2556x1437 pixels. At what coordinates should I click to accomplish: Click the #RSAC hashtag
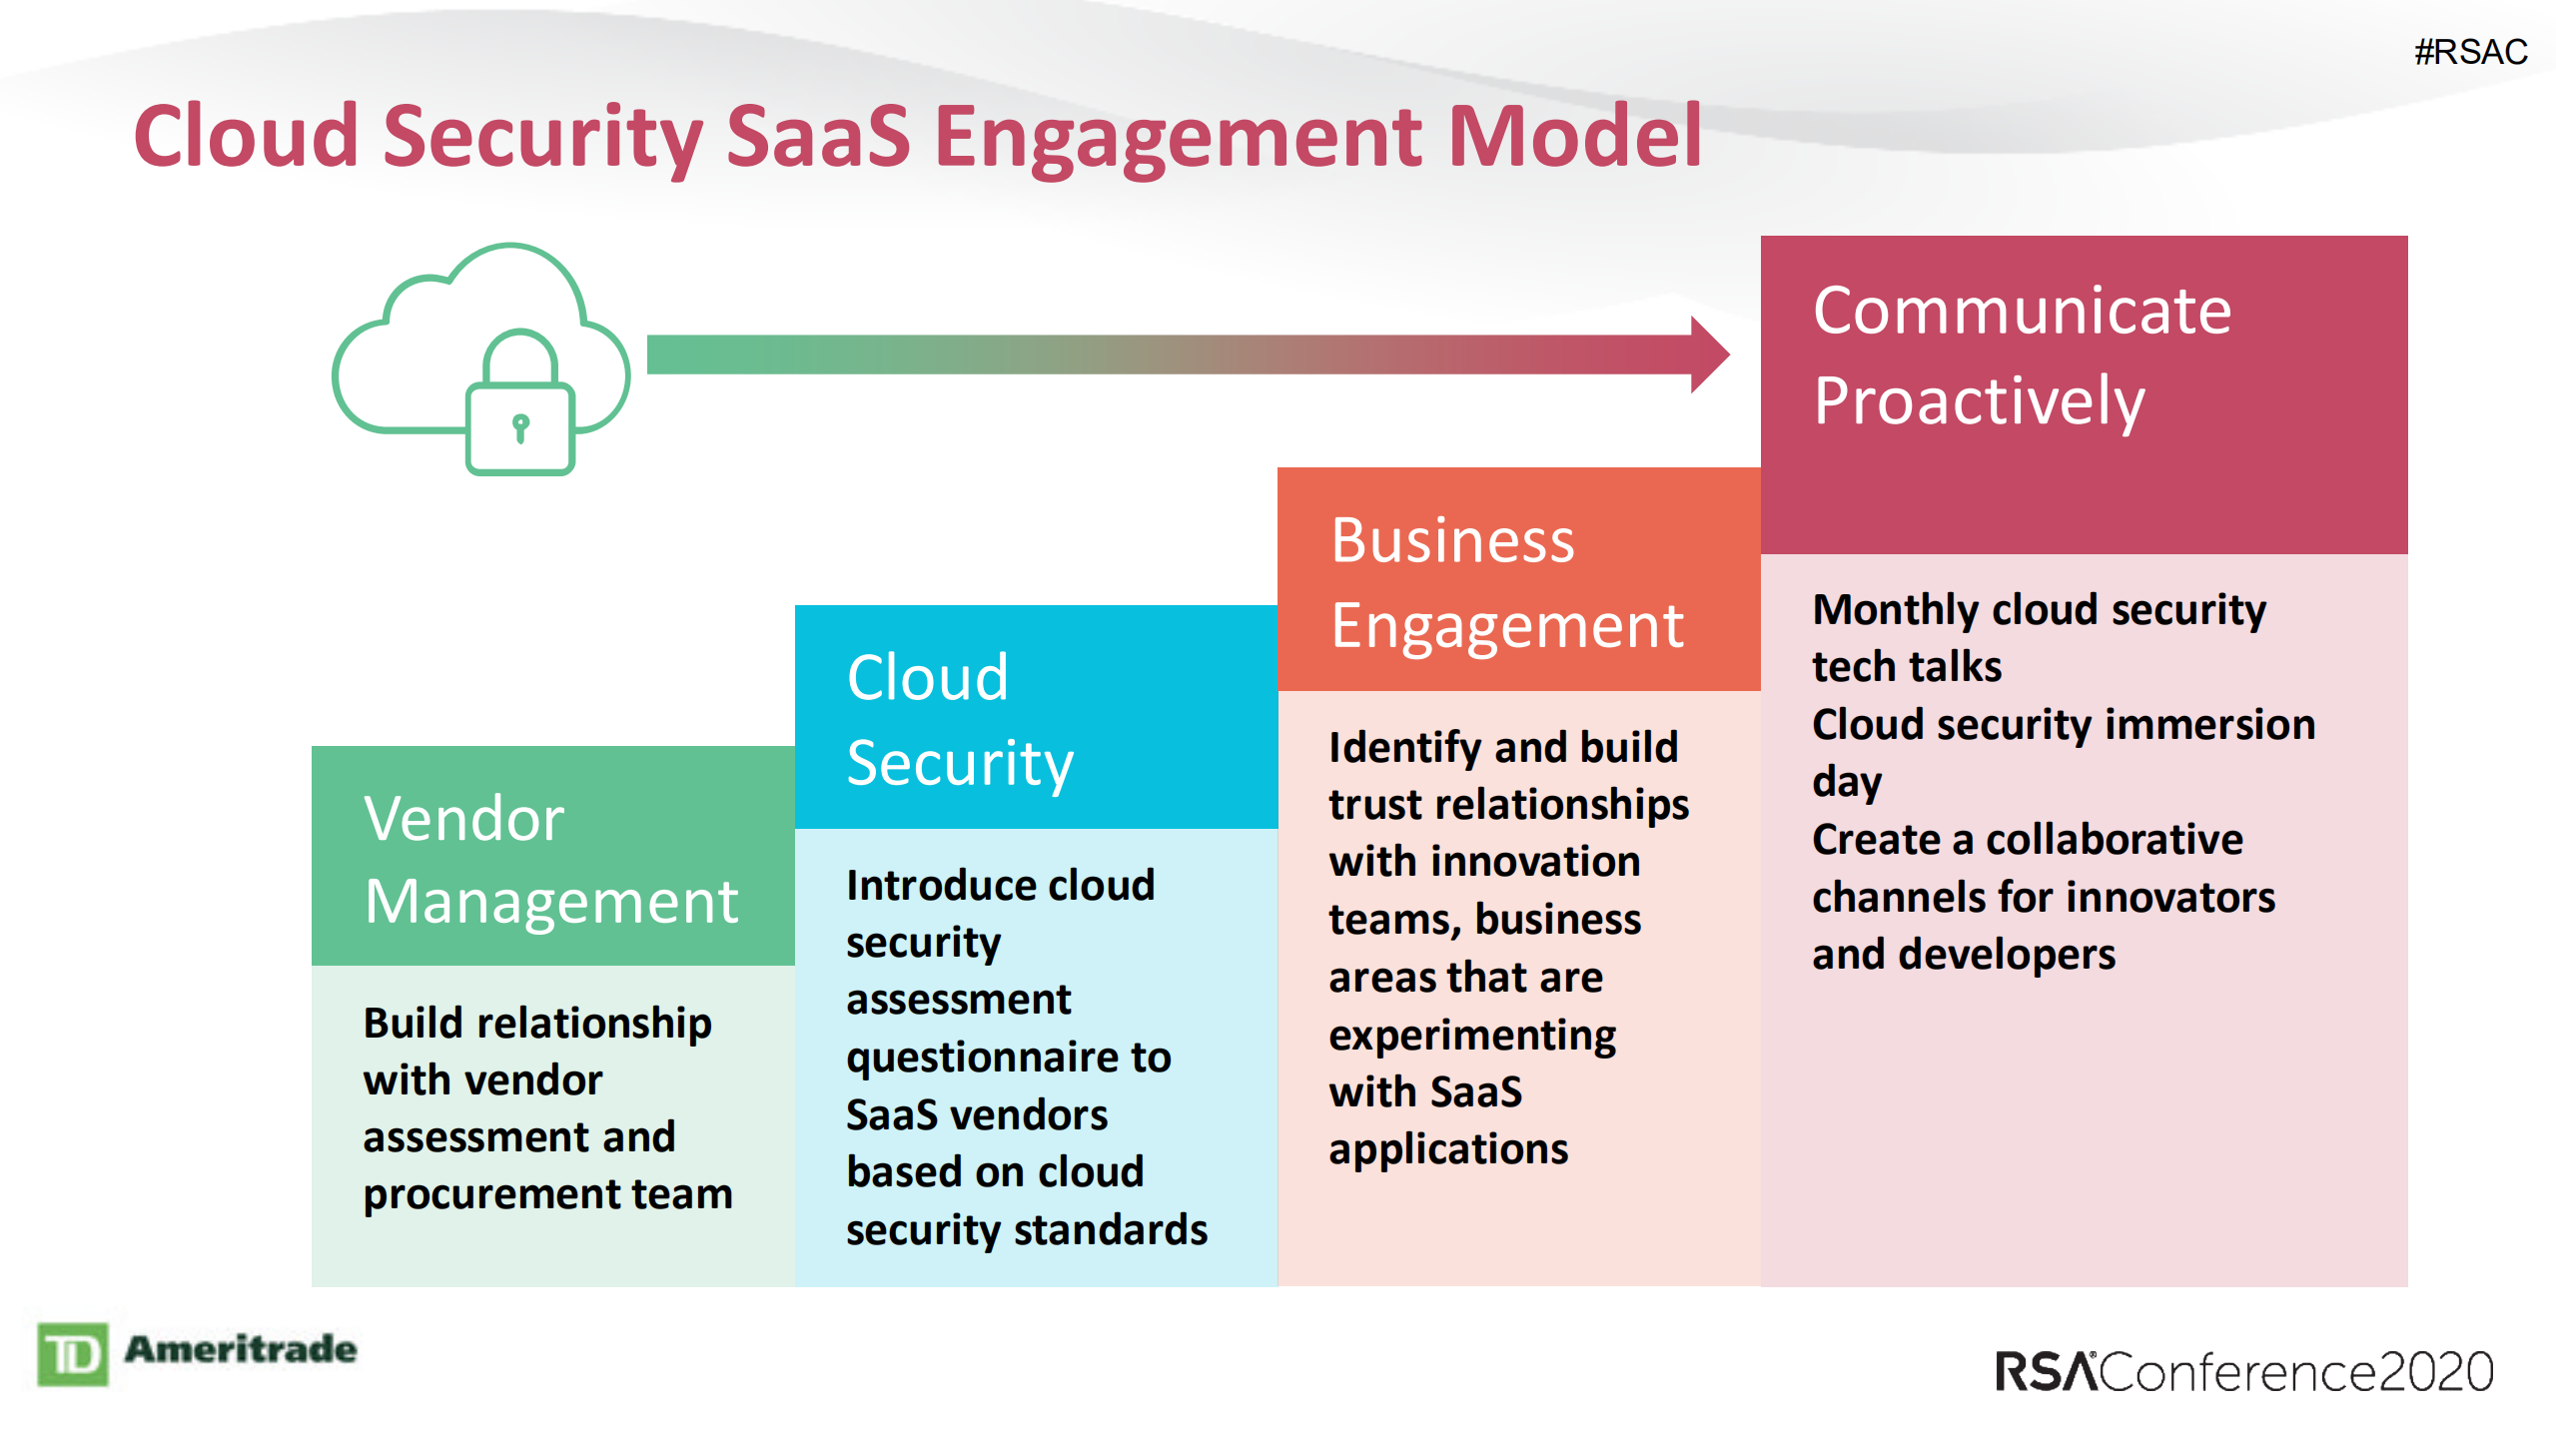(x=2469, y=52)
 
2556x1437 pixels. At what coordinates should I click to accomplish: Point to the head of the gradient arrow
(x=1710, y=355)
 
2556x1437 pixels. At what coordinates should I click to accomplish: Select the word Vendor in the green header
(x=463, y=820)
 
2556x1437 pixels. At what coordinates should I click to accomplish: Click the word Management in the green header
(x=550, y=903)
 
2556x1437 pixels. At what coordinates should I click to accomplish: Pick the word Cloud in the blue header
(x=927, y=678)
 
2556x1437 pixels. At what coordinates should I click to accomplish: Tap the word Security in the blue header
(x=959, y=764)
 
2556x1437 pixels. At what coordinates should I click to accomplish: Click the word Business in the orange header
(x=1452, y=541)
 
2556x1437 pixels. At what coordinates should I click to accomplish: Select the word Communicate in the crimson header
(x=2022, y=311)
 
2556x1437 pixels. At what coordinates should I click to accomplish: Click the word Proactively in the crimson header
(x=1979, y=401)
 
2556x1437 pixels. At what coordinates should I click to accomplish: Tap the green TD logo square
(x=73, y=1355)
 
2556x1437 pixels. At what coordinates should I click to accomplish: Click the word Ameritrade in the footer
(x=241, y=1349)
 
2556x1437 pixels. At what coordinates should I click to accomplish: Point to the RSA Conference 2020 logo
(x=2243, y=1372)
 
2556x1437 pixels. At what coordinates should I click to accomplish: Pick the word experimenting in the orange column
(x=1471, y=1036)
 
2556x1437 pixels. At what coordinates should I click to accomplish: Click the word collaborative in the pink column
(x=2114, y=840)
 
